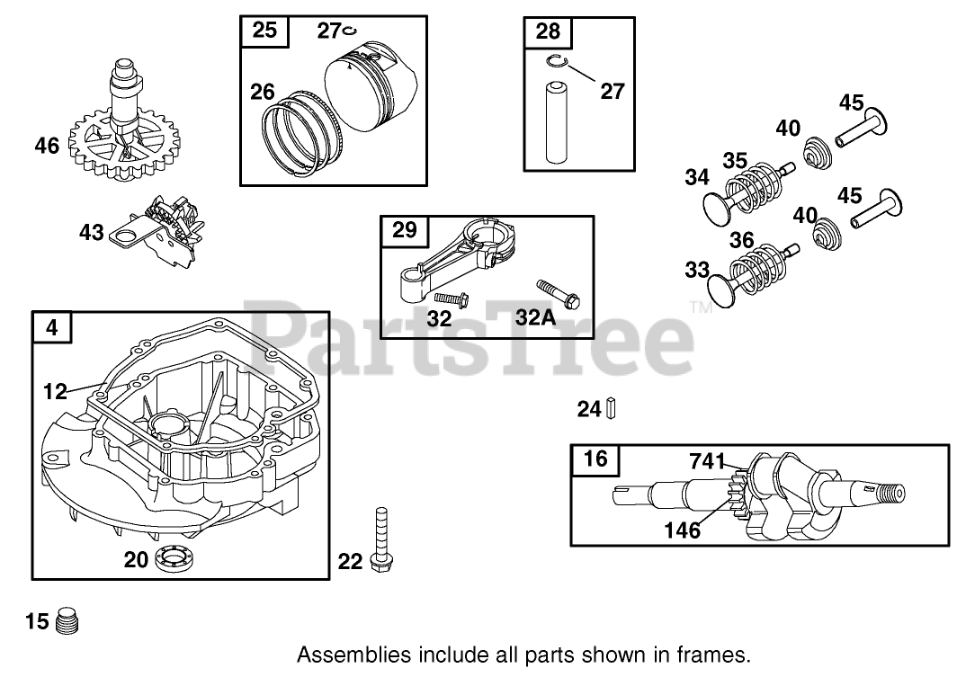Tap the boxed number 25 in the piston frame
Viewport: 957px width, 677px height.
pyautogui.click(x=264, y=31)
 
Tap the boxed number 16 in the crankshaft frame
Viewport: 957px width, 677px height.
pyautogui.click(x=595, y=459)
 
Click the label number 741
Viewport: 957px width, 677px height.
pyautogui.click(x=707, y=461)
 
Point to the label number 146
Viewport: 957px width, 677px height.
pyautogui.click(x=682, y=530)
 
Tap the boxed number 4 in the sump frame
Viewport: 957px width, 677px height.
pyautogui.click(x=51, y=328)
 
